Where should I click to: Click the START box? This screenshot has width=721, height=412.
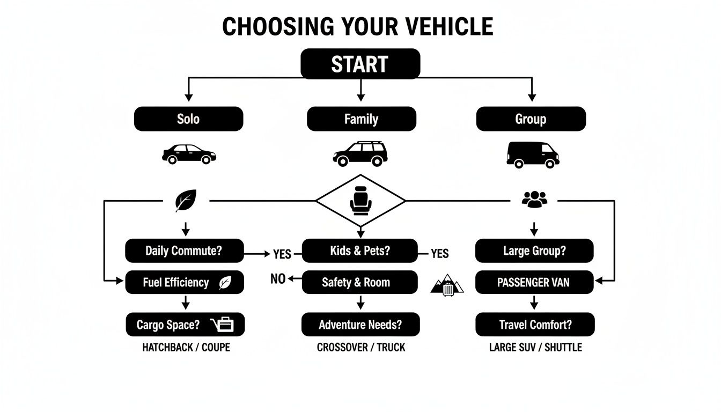coord(360,64)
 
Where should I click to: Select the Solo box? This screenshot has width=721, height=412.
coord(188,119)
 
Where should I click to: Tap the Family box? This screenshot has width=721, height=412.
coord(361,119)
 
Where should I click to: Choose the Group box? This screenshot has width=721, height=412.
coord(531,119)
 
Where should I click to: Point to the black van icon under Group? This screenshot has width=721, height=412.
coord(533,154)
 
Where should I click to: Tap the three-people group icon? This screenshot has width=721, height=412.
coord(534,200)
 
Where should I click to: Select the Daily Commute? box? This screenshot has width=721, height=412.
coord(184,251)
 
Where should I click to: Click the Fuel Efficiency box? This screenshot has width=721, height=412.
coord(184,282)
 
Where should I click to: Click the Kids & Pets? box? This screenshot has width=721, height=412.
coord(360,251)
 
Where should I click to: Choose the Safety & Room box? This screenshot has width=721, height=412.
coord(359,282)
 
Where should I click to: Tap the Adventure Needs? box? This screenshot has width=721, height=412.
coord(360,325)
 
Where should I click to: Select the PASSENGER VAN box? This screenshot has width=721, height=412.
coord(534,282)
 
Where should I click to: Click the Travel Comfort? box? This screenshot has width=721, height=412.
coord(535,325)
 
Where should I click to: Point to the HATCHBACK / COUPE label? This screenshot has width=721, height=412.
coord(186,348)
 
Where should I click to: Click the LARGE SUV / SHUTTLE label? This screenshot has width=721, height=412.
coord(535,348)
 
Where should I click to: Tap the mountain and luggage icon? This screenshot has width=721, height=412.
coord(447,285)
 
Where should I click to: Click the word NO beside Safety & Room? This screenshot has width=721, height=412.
coord(278,279)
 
